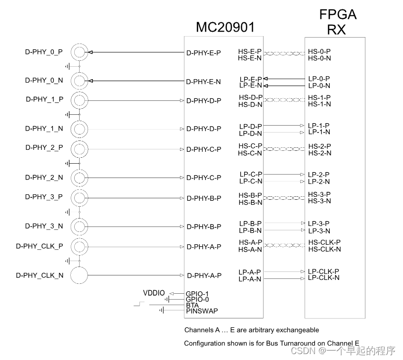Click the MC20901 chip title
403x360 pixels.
point(225,27)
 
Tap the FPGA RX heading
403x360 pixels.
point(338,22)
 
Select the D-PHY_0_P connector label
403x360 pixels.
point(44,51)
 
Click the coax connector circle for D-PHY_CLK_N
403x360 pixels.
point(79,275)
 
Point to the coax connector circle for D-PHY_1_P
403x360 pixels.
point(79,100)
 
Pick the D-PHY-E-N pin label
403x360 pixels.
point(203,82)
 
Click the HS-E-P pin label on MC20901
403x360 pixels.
point(250,51)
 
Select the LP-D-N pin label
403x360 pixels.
point(251,134)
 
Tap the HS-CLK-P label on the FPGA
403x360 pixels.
point(324,242)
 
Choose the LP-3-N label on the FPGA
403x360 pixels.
point(319,231)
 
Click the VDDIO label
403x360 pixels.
point(154,293)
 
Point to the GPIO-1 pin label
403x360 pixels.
point(197,294)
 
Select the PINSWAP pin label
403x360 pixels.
point(202,311)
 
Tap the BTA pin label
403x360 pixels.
point(192,305)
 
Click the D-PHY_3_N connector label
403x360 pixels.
point(44,226)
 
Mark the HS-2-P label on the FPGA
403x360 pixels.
point(319,146)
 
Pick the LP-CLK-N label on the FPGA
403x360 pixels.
point(323,278)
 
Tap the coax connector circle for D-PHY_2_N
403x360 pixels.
point(79,178)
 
